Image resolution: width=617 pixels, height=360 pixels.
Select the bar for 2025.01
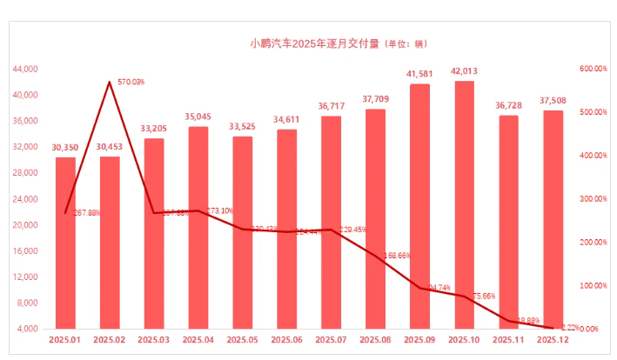[65, 243]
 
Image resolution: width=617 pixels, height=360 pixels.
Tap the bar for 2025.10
[464, 204]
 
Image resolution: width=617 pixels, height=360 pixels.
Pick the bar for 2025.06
[286, 229]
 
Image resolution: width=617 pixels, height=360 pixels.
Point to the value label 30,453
[110, 147]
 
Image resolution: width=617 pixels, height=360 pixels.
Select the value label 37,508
[553, 101]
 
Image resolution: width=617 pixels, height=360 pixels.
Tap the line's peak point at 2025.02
[110, 82]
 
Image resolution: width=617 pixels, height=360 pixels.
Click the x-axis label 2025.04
[198, 341]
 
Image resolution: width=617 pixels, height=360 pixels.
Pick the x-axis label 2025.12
[553, 341]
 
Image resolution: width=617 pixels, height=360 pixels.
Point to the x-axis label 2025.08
[375, 341]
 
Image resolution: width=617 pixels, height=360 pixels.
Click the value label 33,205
[154, 129]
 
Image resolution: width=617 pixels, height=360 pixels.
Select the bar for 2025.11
[508, 222]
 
